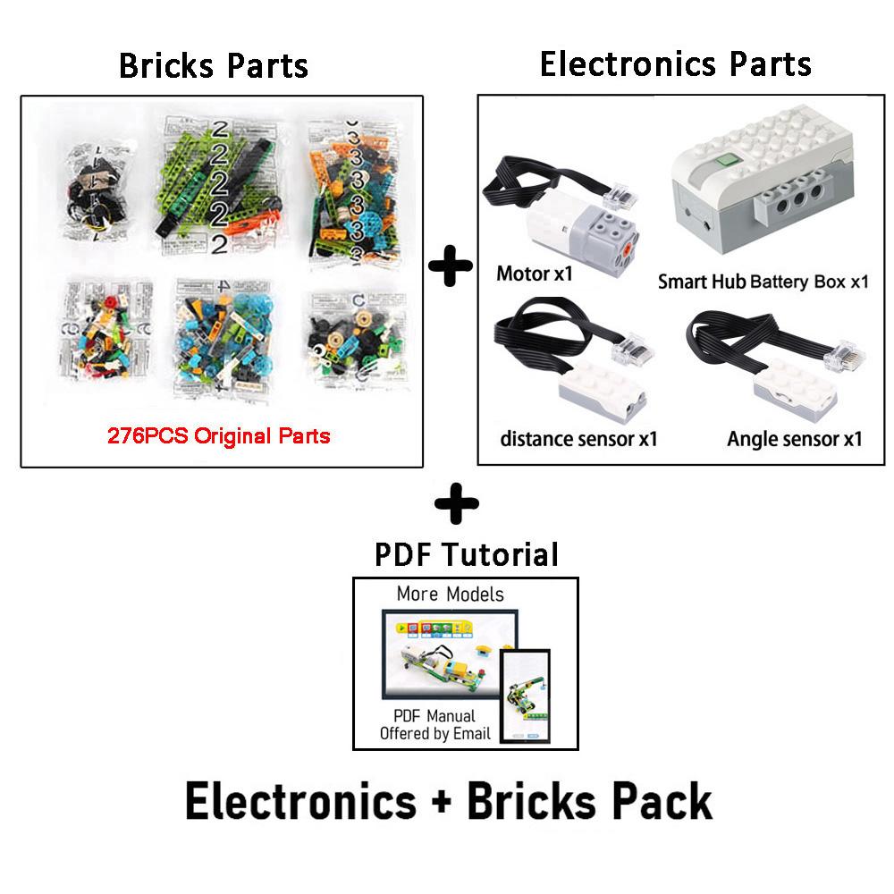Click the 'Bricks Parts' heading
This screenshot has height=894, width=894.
tap(214, 65)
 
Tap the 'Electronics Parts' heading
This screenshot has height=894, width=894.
tap(675, 63)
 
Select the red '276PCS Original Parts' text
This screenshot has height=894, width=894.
tap(219, 437)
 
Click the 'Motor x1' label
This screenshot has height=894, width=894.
tap(534, 274)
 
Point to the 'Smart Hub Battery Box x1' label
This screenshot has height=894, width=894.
tap(763, 282)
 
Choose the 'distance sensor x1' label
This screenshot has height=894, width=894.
tap(578, 438)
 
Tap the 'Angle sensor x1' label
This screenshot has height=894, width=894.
tap(794, 438)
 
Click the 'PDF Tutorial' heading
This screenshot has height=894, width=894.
tap(466, 553)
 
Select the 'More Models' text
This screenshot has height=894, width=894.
tap(451, 595)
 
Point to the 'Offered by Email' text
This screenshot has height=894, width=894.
tap(435, 734)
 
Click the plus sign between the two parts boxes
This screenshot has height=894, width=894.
tap(451, 267)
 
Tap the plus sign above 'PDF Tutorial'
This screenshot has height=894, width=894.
tap(456, 503)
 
